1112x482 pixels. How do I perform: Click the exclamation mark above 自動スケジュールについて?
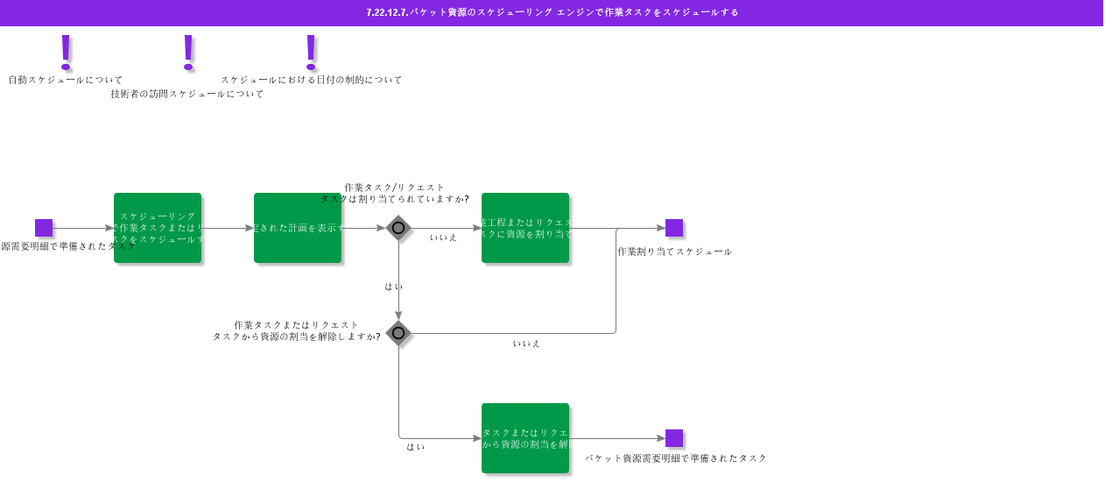pyautogui.click(x=66, y=52)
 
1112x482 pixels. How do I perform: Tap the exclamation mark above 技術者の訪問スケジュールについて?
pyautogui.click(x=187, y=52)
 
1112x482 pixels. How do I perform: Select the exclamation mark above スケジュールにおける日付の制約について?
pyautogui.click(x=310, y=52)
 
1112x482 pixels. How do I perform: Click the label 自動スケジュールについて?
pyautogui.click(x=66, y=80)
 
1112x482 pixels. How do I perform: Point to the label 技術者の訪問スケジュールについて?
pyautogui.click(x=187, y=94)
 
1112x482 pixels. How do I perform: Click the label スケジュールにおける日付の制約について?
pyautogui.click(x=311, y=80)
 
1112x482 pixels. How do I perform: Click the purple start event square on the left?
pyautogui.click(x=44, y=228)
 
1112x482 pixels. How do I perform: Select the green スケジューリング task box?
pyautogui.click(x=158, y=228)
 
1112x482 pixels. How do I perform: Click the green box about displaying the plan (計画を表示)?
pyautogui.click(x=298, y=228)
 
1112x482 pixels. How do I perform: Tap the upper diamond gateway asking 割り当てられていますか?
pyautogui.click(x=398, y=228)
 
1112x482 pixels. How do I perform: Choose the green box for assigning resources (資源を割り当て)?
pyautogui.click(x=525, y=228)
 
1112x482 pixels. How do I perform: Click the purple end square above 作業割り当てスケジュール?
pyautogui.click(x=674, y=228)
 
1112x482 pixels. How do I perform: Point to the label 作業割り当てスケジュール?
pyautogui.click(x=674, y=252)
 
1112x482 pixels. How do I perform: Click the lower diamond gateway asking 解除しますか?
pyautogui.click(x=398, y=333)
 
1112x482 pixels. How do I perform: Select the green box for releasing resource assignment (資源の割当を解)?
pyautogui.click(x=525, y=438)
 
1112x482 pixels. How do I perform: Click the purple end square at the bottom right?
pyautogui.click(x=674, y=438)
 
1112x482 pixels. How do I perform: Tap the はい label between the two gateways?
pyautogui.click(x=394, y=287)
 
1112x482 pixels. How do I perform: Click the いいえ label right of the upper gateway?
pyautogui.click(x=443, y=237)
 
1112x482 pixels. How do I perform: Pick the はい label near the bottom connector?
pyautogui.click(x=416, y=447)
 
